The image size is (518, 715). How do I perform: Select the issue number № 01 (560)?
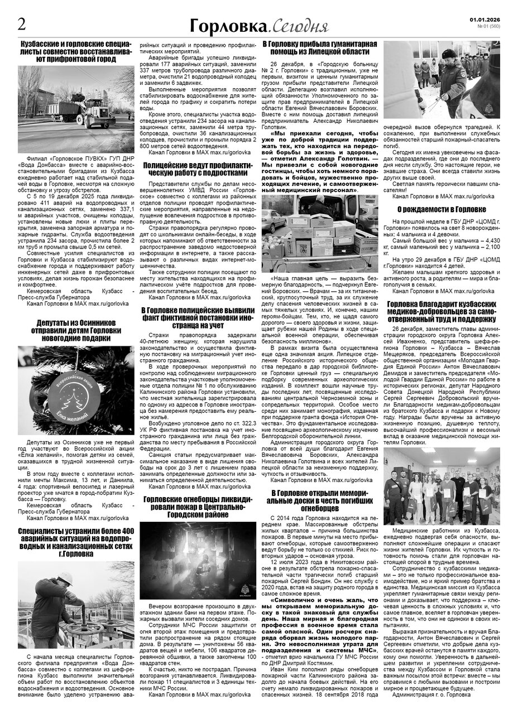pos(490,26)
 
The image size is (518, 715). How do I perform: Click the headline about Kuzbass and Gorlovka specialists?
pos(75,50)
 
